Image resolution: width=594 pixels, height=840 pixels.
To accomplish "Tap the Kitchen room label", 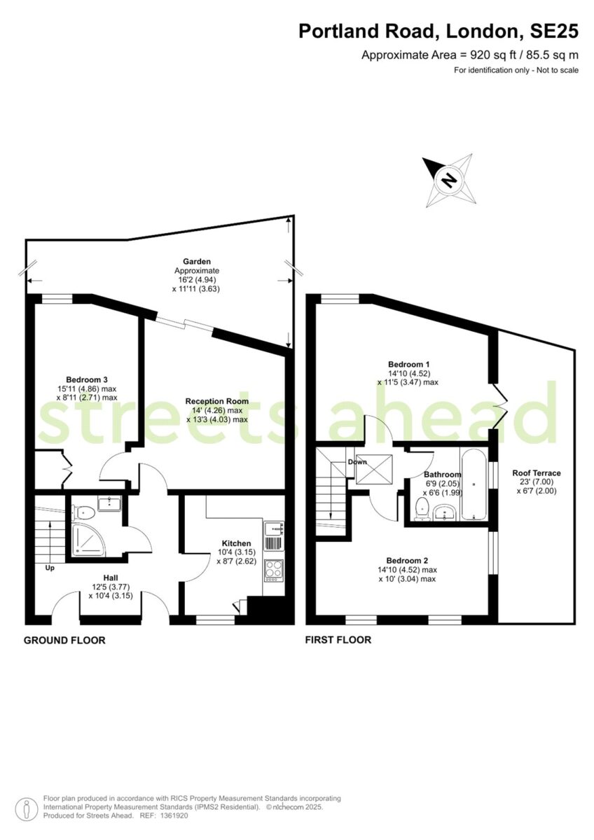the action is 236,543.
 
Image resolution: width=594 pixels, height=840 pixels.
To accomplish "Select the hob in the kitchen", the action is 274,570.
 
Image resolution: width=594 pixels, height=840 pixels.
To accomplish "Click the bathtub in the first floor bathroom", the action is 474,484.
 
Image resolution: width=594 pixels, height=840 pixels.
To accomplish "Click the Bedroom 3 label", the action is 87,379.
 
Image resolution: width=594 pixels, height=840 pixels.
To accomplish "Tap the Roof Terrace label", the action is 537,473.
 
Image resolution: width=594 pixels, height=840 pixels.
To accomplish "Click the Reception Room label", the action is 217,401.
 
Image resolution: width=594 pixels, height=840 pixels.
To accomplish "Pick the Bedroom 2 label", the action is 407,560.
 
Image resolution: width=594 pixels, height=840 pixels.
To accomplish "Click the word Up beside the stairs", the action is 50,568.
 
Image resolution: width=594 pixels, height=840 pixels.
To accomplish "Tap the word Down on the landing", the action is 357,461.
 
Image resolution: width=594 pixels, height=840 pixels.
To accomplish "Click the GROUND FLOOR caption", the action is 64,640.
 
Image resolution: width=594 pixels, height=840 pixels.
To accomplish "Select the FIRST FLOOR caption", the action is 338,639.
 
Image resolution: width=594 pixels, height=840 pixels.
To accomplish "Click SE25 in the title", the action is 554,31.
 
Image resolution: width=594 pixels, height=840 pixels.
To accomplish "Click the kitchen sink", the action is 274,528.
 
